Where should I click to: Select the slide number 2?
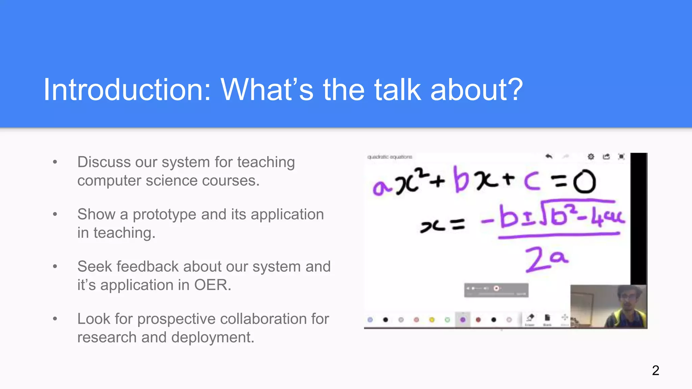(656, 370)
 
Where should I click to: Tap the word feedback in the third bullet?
(148, 266)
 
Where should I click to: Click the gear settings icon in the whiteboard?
(591, 157)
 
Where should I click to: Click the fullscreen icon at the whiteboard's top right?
(621, 157)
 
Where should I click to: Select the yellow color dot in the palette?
(432, 319)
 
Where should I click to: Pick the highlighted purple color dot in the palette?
(463, 319)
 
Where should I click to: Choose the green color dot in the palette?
(447, 319)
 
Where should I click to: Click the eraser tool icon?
(530, 318)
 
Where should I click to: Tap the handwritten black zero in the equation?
(584, 182)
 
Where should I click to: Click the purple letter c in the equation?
(532, 181)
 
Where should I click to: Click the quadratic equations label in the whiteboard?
(390, 157)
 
